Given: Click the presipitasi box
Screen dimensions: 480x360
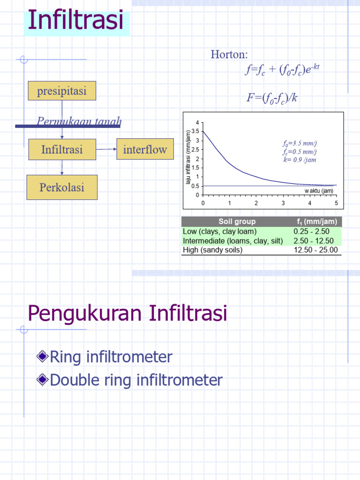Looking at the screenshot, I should (62, 91).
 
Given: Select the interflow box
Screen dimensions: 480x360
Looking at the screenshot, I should (145, 150).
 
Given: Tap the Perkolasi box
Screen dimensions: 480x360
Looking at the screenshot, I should (62, 187).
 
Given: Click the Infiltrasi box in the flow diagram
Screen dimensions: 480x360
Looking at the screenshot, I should (62, 150).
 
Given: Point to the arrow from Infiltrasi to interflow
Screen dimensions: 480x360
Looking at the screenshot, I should (106, 149).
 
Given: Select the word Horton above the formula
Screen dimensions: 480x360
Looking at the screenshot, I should (229, 55).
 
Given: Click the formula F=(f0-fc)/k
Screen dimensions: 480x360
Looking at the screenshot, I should (272, 98).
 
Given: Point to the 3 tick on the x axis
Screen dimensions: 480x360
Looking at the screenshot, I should (283, 203).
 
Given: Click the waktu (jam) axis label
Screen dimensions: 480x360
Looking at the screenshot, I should (319, 191).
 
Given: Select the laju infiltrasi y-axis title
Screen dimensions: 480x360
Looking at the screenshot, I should (188, 158).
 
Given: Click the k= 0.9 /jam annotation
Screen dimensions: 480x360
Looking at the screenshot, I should (300, 159).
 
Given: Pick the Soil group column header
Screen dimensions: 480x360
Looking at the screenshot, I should (237, 222).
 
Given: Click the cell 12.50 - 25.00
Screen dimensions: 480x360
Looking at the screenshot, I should (315, 250).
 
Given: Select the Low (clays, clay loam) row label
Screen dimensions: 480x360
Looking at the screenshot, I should (219, 232).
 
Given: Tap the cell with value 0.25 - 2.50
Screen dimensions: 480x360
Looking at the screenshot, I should (311, 232).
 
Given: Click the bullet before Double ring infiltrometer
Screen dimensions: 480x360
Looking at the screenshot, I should (43, 380).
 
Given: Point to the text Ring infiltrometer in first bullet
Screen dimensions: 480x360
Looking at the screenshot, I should (111, 357).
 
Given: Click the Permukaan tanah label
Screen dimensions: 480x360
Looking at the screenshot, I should (79, 122).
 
